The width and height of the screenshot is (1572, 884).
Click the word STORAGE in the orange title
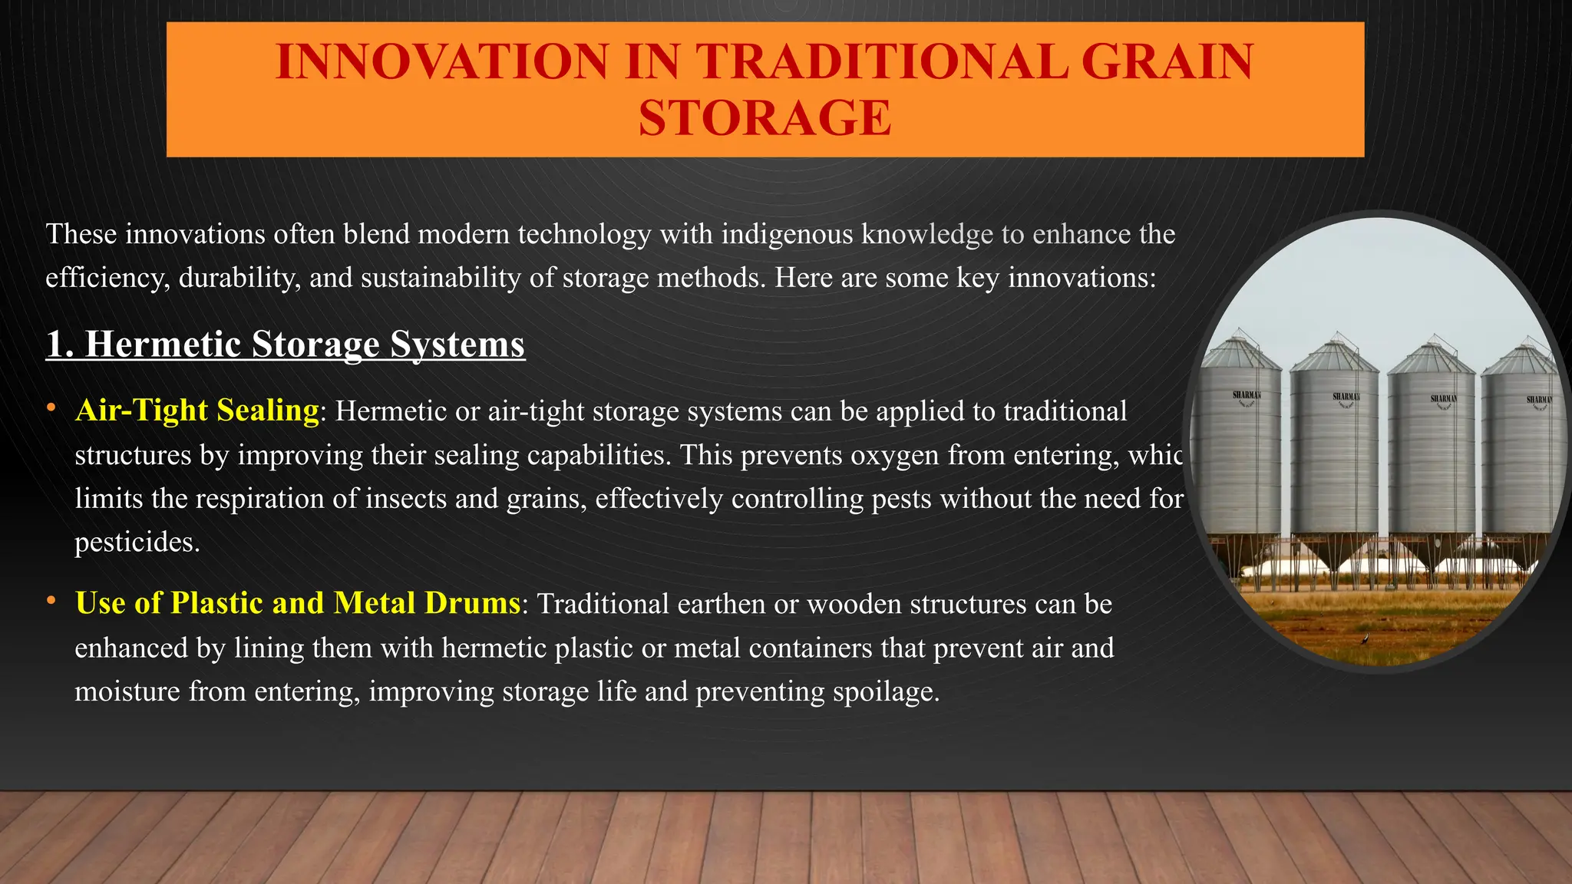click(x=765, y=118)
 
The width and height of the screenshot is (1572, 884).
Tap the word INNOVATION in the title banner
click(x=443, y=61)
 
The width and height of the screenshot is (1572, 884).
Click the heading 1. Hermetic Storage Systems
click(x=286, y=344)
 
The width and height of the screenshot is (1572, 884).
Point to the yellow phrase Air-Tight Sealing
click(x=197, y=411)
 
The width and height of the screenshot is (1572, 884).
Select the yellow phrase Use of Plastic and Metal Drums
click(x=298, y=603)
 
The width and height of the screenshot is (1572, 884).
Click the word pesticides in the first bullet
click(x=136, y=543)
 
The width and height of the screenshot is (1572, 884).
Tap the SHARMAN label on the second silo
click(x=1346, y=397)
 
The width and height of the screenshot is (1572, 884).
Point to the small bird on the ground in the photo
click(x=1363, y=639)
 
